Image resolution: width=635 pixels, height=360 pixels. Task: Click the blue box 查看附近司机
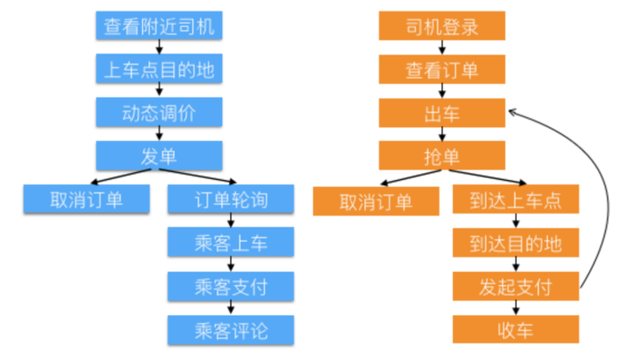tap(159, 26)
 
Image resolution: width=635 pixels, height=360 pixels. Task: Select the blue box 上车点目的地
tap(159, 69)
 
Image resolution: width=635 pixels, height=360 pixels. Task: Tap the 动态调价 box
tap(159, 112)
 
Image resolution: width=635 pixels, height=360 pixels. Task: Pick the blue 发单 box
tap(159, 156)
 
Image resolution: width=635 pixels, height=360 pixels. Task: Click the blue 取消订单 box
tap(86, 199)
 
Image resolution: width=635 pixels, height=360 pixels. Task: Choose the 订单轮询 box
tap(230, 199)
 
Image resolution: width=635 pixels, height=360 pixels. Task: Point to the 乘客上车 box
tap(230, 243)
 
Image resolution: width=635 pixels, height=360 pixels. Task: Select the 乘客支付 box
tap(230, 286)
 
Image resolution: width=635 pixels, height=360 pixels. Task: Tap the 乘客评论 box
tap(230, 329)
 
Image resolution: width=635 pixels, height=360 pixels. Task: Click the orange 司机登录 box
tap(443, 26)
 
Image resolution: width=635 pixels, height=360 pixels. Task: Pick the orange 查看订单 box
tap(443, 69)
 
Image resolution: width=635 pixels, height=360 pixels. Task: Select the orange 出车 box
tap(443, 112)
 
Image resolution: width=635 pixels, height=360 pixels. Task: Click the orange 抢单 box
tap(443, 156)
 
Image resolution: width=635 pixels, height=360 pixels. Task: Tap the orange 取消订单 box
tap(376, 201)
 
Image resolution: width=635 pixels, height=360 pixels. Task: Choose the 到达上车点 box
tap(516, 200)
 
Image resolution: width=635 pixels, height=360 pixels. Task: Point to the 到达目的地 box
tap(516, 243)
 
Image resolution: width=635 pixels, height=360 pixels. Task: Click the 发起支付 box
tap(516, 286)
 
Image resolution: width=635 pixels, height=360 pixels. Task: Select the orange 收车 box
tap(516, 329)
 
